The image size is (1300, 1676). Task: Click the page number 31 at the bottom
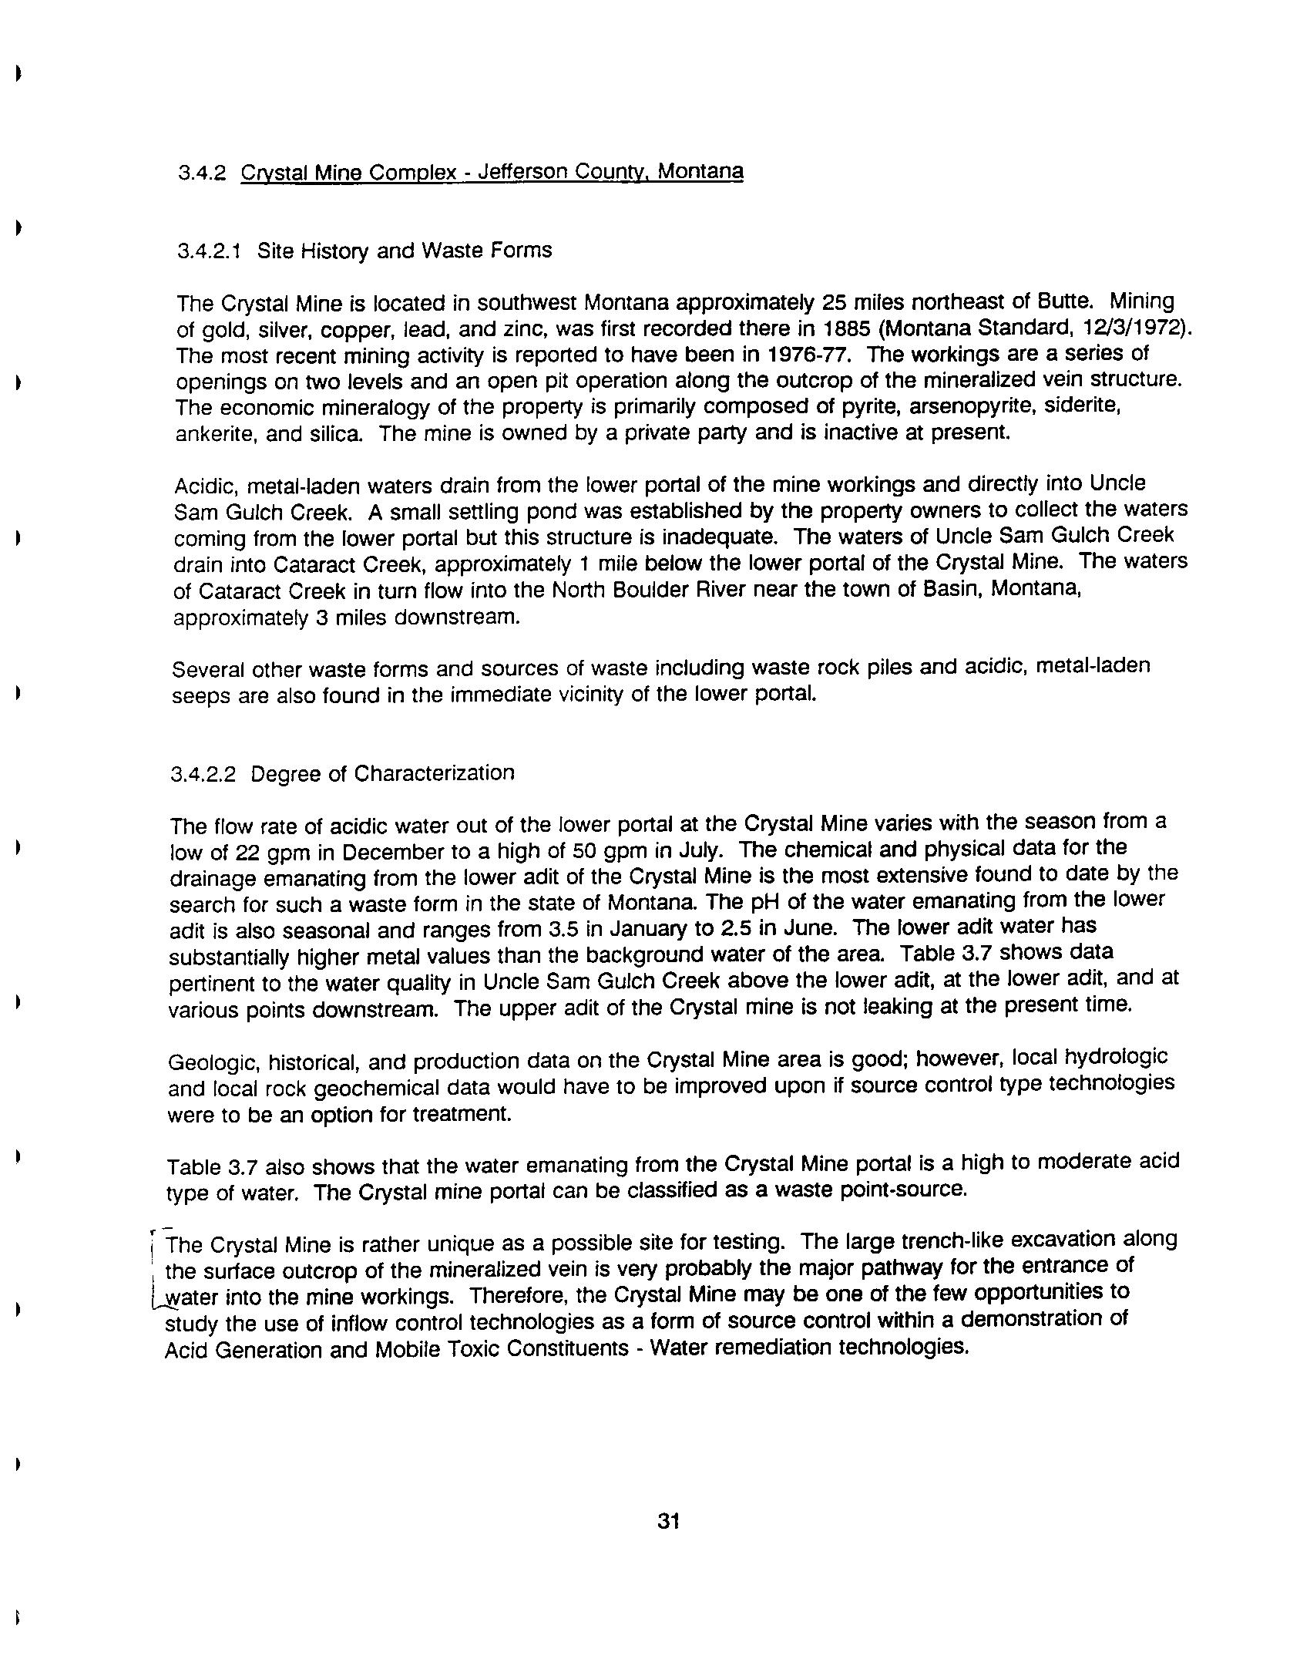(668, 1522)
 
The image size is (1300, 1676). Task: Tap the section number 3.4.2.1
(209, 251)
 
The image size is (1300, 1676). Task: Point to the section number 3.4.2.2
(203, 773)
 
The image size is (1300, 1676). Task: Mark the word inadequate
(721, 537)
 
